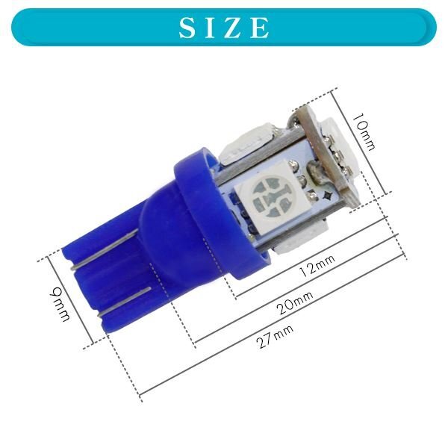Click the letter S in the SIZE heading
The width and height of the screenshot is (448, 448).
(187, 28)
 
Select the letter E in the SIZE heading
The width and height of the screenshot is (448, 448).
(259, 28)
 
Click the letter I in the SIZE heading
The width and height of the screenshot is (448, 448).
(209, 28)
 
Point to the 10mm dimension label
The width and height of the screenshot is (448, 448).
(364, 132)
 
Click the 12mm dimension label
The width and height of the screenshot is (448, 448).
(317, 266)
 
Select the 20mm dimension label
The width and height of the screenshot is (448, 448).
(295, 302)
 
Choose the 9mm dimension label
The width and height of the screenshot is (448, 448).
(60, 304)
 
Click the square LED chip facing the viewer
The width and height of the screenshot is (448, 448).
(273, 196)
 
